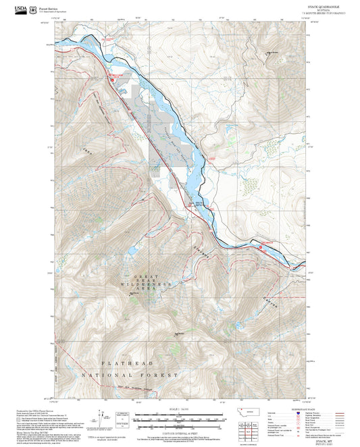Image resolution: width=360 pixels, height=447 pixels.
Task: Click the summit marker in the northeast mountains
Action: click(x=269, y=53)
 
